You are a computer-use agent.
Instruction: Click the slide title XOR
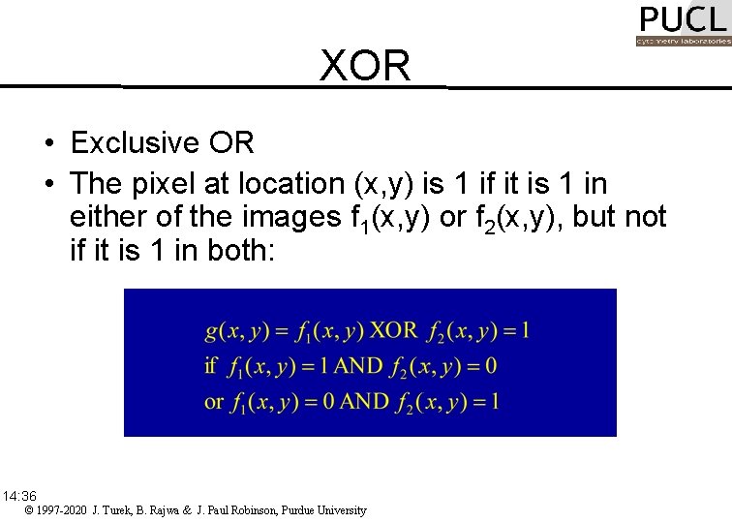point(365,66)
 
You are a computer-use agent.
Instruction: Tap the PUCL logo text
point(683,19)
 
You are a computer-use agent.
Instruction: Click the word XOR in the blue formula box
point(394,330)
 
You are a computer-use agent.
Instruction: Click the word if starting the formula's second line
point(210,366)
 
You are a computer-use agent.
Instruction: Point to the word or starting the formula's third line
point(214,401)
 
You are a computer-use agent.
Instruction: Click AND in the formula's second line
point(357,366)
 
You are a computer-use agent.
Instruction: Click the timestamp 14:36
point(19,496)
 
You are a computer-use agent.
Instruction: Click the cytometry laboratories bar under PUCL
point(683,42)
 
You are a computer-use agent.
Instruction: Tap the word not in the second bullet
point(644,218)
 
